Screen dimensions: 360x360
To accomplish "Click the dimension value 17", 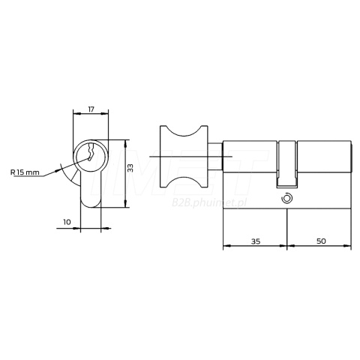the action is tap(91, 109).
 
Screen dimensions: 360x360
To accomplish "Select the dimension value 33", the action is tap(130, 168).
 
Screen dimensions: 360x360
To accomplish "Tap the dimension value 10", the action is tap(67, 222).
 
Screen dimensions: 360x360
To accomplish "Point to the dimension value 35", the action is tap(256, 241).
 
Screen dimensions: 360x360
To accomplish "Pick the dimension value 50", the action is tap(321, 241).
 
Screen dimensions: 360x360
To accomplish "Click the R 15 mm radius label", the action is tap(25, 172).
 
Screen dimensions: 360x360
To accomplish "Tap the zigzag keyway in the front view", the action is tap(90, 152).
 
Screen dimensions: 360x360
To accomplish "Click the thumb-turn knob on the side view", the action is tap(184, 157).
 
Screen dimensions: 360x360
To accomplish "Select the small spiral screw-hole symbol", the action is tap(286, 199).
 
